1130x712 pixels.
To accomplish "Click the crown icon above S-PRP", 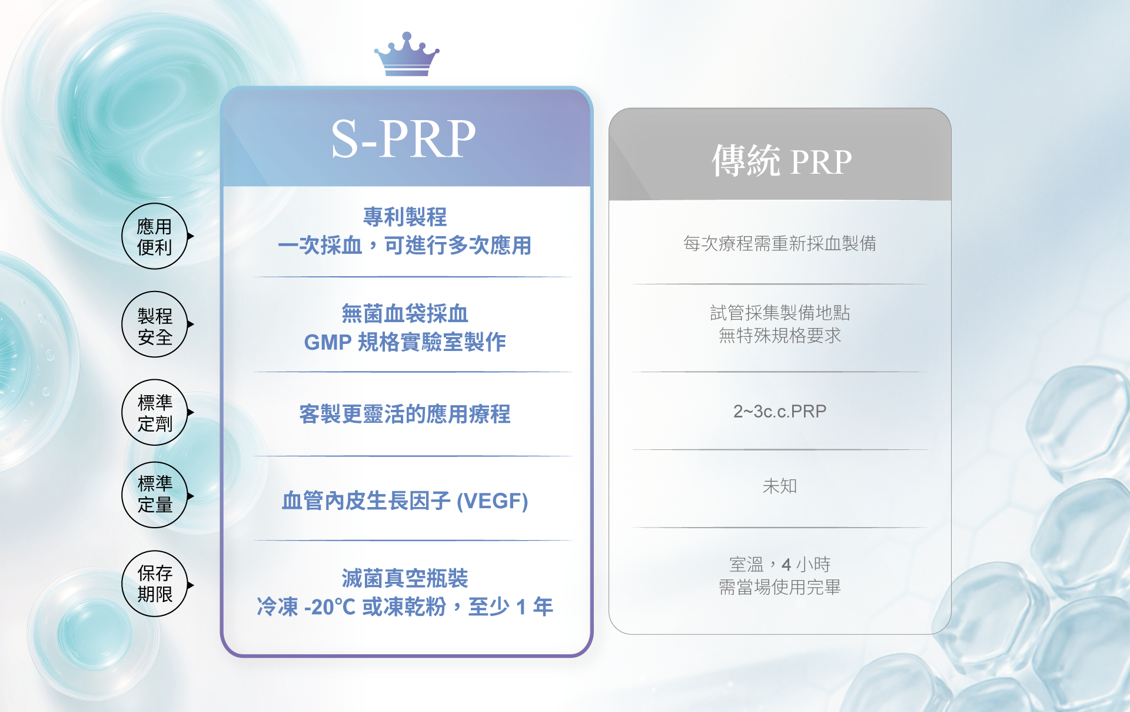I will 406,55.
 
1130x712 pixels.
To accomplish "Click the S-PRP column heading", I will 404,139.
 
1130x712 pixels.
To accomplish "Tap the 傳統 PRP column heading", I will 781,161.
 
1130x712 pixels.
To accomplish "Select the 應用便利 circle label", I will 155,236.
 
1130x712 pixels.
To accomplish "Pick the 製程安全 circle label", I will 155,324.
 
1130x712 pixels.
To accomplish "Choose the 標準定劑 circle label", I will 155,412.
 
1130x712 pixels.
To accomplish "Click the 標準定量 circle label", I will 155,495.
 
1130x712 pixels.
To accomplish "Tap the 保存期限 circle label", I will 155,584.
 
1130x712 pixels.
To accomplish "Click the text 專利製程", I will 405,217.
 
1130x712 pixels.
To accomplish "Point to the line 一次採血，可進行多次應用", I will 405,245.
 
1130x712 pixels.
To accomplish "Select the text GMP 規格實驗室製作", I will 405,342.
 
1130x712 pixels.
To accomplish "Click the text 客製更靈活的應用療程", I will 405,414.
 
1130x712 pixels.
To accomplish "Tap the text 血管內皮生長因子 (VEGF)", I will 405,501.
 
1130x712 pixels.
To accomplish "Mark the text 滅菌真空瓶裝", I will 405,578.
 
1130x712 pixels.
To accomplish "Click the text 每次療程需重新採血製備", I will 780,243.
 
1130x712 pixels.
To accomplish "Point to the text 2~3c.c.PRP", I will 780,411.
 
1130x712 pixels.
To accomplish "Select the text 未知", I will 780,486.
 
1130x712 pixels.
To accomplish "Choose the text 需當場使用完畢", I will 780,587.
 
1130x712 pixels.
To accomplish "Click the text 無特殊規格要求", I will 780,336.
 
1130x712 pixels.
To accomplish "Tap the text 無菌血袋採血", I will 405,314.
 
